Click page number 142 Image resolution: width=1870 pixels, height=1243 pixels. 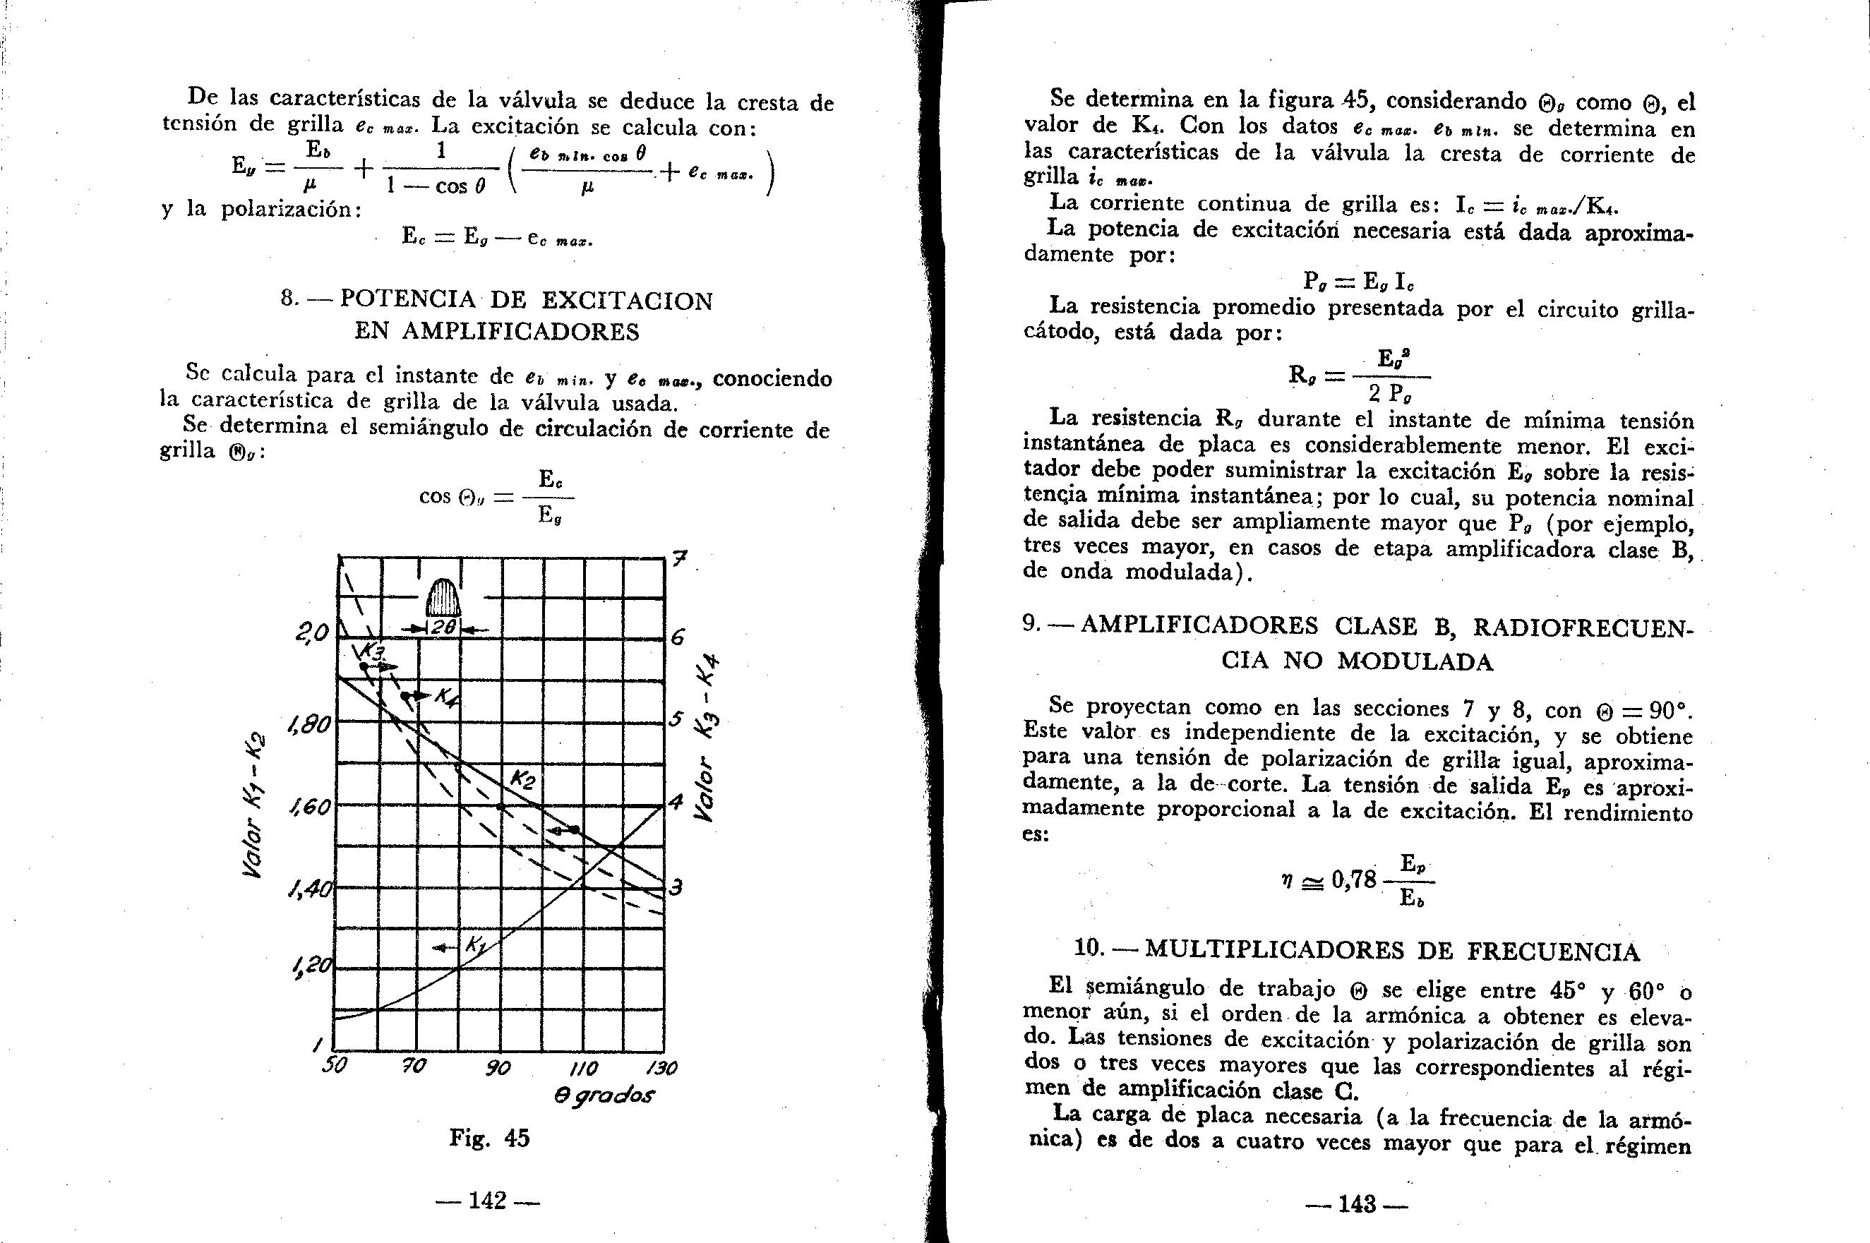tap(486, 1200)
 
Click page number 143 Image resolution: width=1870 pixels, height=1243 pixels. tap(1356, 1204)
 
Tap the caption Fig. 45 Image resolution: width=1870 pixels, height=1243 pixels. tap(489, 1139)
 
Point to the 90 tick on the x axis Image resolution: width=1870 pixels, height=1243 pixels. tap(498, 1069)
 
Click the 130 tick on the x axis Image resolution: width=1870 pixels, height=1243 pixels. tap(661, 1069)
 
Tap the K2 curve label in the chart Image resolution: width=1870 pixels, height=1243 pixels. tap(522, 779)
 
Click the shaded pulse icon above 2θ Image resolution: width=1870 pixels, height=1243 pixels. tap(443, 598)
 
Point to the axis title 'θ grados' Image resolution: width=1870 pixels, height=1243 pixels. tap(604, 1095)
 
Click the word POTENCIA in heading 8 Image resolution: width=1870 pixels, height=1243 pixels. tap(407, 301)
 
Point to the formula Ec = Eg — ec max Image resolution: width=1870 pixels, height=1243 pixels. tap(498, 237)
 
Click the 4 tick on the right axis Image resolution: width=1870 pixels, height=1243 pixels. tap(676, 803)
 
